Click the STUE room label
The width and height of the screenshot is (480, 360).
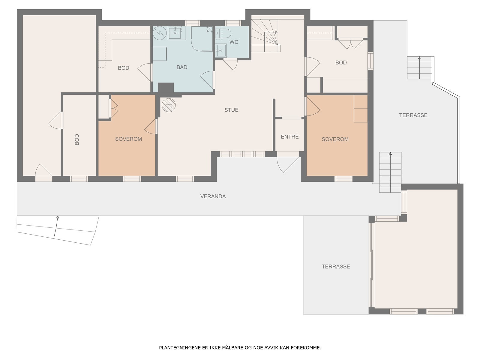point(231,110)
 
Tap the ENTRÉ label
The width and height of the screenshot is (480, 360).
point(290,136)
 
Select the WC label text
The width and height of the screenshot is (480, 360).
point(234,42)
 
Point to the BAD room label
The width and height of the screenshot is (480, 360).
point(182,67)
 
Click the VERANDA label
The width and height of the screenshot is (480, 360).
point(213,196)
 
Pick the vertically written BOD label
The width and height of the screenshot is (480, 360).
point(77,140)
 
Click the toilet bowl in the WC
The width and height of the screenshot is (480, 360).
point(223,34)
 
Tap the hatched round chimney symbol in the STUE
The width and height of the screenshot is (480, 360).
point(169,105)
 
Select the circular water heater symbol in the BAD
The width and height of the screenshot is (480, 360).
point(160,33)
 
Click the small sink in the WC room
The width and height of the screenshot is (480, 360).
point(221,50)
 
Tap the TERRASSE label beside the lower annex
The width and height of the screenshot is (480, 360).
point(336,266)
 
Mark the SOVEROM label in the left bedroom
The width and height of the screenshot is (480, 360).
point(129,139)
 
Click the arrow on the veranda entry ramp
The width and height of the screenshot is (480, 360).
point(56,227)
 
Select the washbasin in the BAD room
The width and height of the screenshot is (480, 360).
point(175,33)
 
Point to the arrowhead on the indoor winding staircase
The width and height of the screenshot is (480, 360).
point(277,32)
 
